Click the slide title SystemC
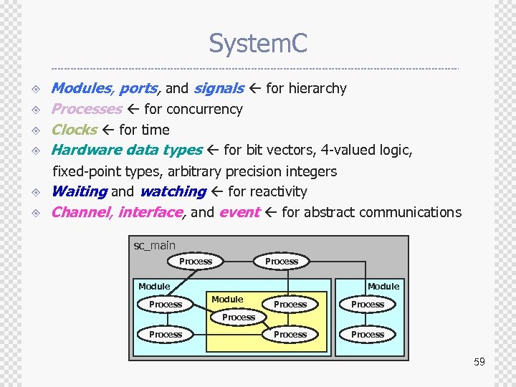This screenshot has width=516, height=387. (258, 44)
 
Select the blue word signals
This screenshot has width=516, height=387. (219, 88)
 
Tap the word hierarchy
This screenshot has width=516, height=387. (316, 88)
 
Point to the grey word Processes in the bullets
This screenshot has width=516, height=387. (87, 109)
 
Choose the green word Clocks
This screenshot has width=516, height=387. (75, 130)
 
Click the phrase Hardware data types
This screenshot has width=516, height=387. (127, 150)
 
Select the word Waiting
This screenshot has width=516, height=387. (79, 191)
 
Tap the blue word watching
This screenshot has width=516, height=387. (173, 191)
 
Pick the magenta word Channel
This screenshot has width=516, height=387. (81, 212)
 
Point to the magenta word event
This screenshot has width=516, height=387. (239, 212)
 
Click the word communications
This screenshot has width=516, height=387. (411, 212)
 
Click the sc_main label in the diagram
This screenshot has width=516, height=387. (155, 246)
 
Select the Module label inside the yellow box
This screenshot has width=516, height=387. (227, 299)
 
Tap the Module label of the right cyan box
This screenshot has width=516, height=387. (383, 286)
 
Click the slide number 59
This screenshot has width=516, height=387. (479, 362)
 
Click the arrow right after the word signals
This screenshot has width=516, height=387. (255, 88)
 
